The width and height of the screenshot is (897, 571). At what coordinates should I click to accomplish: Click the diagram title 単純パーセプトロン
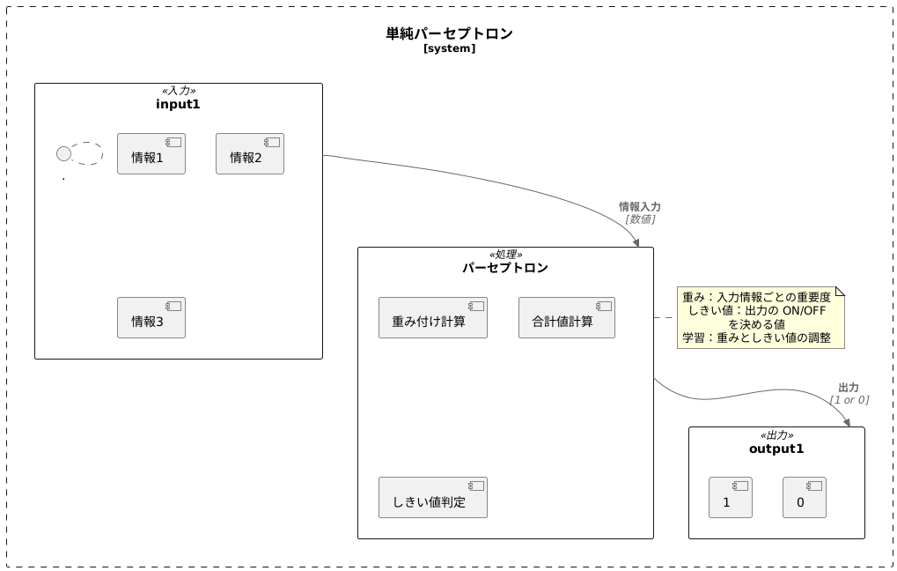(x=449, y=33)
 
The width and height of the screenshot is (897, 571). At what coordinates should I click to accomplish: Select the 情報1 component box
(x=151, y=154)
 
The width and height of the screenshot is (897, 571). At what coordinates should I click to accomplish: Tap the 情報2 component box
(x=250, y=154)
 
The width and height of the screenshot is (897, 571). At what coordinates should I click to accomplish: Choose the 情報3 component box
(x=151, y=318)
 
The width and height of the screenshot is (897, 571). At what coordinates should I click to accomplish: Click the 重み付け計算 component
(x=432, y=318)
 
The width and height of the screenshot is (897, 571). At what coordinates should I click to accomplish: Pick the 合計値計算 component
(x=566, y=318)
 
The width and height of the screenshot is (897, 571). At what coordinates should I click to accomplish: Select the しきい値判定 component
(x=432, y=498)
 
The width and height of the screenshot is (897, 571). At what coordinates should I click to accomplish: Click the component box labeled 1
(x=730, y=498)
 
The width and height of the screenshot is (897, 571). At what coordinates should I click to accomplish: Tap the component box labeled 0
(x=804, y=498)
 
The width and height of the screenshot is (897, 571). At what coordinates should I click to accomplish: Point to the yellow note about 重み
(x=760, y=317)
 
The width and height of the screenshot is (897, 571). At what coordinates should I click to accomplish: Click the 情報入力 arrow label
(x=640, y=206)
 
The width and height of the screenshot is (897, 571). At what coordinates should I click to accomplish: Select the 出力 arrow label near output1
(x=849, y=387)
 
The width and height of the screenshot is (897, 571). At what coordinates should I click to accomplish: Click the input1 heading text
(x=178, y=104)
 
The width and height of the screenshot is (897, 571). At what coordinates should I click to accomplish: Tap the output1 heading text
(x=776, y=449)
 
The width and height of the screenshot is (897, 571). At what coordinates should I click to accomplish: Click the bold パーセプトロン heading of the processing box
(x=505, y=268)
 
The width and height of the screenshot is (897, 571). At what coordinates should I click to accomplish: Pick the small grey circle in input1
(x=63, y=154)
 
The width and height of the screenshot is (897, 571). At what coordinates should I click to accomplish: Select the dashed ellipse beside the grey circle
(x=87, y=153)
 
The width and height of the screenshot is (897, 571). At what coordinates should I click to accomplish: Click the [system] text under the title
(x=449, y=48)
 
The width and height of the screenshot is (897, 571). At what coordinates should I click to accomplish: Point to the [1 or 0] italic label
(x=849, y=400)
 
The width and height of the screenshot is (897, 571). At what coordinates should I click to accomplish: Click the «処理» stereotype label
(x=505, y=255)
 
